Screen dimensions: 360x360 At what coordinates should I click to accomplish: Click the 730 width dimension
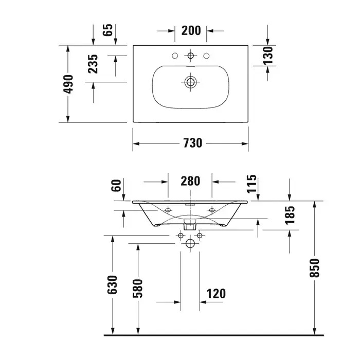[x=193, y=143]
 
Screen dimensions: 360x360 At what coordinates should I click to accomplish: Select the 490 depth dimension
[x=68, y=84]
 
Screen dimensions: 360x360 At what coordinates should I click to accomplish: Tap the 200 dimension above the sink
[x=191, y=30]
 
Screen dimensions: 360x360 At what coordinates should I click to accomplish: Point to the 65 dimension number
[x=107, y=30]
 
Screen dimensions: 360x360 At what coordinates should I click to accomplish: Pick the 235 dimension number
[x=93, y=64]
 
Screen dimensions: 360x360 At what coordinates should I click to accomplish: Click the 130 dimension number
[x=268, y=56]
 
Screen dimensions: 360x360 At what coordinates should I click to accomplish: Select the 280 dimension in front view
[x=190, y=181]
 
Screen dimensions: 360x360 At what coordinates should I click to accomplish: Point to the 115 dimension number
[x=251, y=184]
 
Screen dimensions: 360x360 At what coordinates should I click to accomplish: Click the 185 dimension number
[x=290, y=215]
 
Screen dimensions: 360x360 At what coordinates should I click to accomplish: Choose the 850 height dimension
[x=314, y=268]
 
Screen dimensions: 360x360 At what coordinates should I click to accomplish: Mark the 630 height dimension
[x=112, y=285]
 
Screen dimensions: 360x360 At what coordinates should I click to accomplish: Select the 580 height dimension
[x=138, y=289]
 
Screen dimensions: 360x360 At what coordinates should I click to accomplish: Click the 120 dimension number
[x=217, y=294]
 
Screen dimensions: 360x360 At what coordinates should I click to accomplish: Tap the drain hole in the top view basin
[x=190, y=82]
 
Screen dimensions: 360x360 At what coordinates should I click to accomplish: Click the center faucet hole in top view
[x=191, y=56]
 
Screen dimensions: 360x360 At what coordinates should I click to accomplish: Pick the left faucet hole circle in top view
[x=175, y=56]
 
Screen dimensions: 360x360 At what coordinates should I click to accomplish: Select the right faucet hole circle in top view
[x=206, y=56]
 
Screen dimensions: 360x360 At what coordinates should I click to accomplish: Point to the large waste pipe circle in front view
[x=190, y=243]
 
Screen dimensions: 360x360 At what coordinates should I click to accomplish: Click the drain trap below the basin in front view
[x=190, y=225]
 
